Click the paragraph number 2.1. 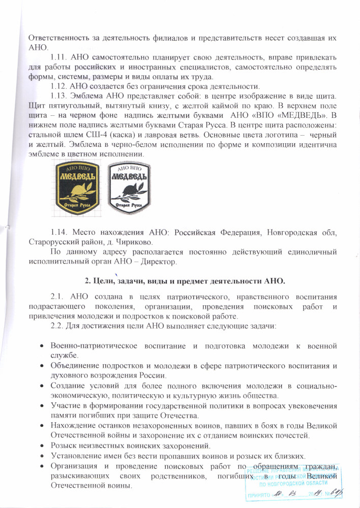tap(59, 296)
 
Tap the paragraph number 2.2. tap(59, 325)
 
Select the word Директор tap(158, 262)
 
